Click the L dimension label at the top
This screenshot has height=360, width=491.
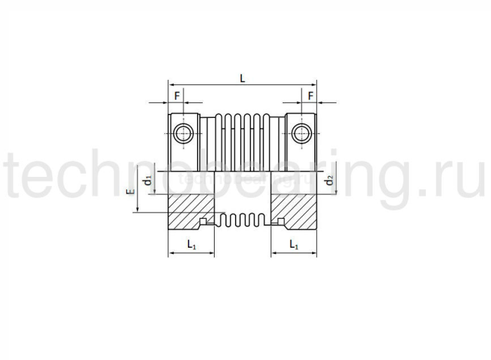pyautogui.click(x=242, y=79)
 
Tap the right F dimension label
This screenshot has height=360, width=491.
pyautogui.click(x=309, y=95)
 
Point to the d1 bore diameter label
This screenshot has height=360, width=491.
pyautogui.click(x=147, y=180)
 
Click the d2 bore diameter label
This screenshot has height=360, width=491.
pyautogui.click(x=328, y=181)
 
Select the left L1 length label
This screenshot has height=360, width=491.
pyautogui.click(x=191, y=244)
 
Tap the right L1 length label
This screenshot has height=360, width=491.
pyautogui.click(x=295, y=244)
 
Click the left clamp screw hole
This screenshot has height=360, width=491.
pyautogui.click(x=184, y=131)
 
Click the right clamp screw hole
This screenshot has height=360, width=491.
pyautogui.click(x=302, y=131)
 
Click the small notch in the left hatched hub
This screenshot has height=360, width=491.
pyautogui.click(x=204, y=222)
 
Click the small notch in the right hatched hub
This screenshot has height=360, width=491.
pyautogui.click(x=280, y=222)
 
